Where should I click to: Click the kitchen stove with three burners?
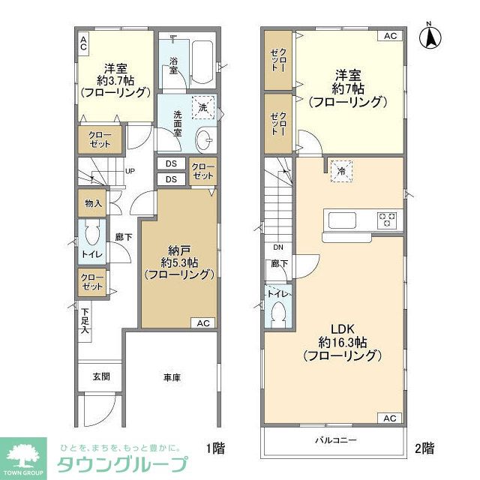pos(387,220)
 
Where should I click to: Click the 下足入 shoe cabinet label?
pos(85,322)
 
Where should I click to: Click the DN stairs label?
pos(277,247)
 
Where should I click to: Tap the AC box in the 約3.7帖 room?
pos(84,43)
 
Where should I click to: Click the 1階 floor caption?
pos(215,448)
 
